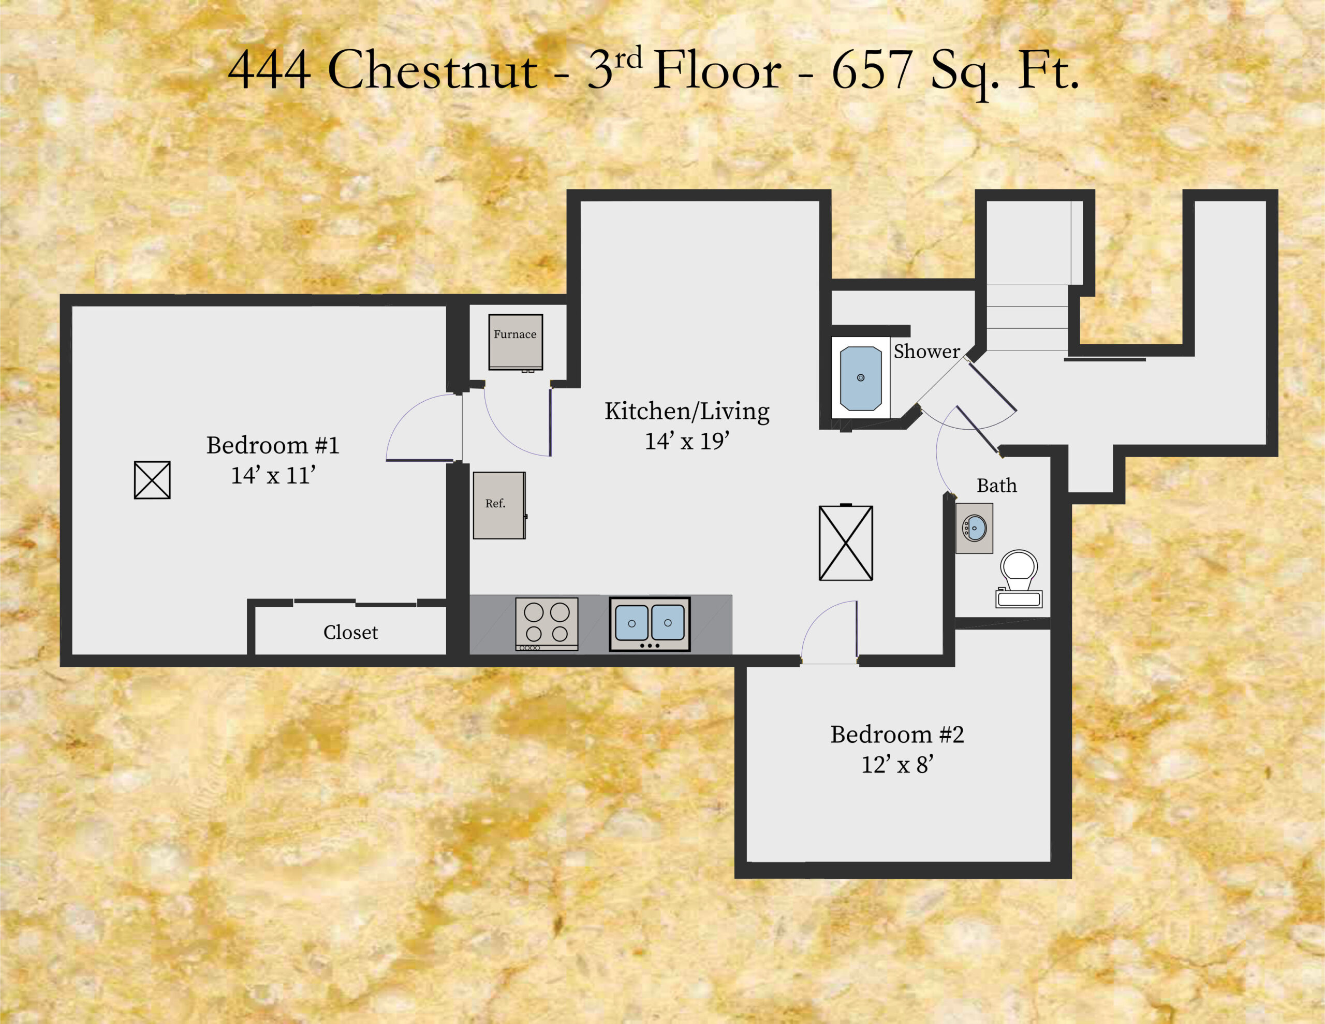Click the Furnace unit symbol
515,342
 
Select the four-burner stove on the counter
546,623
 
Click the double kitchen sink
650,624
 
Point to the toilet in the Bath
1019,577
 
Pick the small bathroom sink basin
974,528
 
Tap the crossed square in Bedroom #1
152,480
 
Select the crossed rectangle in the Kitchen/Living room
846,543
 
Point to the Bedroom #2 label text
896,735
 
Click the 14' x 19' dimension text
686,441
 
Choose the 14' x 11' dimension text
273,475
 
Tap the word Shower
926,352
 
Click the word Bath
996,486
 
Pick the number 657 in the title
872,70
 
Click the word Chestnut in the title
432,70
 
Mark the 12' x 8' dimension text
896,765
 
